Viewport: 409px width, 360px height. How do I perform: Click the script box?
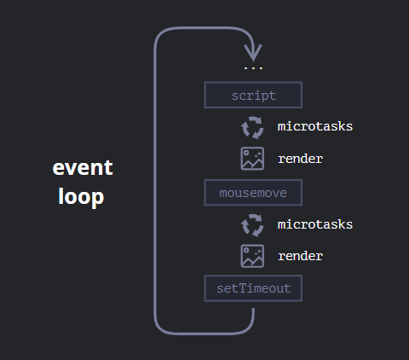click(253, 95)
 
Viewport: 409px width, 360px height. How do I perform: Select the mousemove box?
click(253, 193)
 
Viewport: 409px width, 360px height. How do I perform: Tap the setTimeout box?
click(253, 288)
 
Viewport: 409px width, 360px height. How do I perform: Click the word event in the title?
click(83, 167)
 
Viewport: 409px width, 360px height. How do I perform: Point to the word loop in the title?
click(81, 197)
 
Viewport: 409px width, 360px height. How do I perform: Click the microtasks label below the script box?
click(315, 126)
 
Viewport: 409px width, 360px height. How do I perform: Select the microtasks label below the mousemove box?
click(315, 224)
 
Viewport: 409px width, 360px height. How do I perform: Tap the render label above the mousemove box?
click(300, 159)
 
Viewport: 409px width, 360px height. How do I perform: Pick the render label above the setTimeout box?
click(300, 256)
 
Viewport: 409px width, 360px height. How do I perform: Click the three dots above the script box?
click(253, 68)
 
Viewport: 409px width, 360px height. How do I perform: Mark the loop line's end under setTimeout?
click(253, 309)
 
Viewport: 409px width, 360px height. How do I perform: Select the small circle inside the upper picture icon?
click(246, 153)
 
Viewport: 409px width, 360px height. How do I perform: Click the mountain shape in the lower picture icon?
click(252, 260)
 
